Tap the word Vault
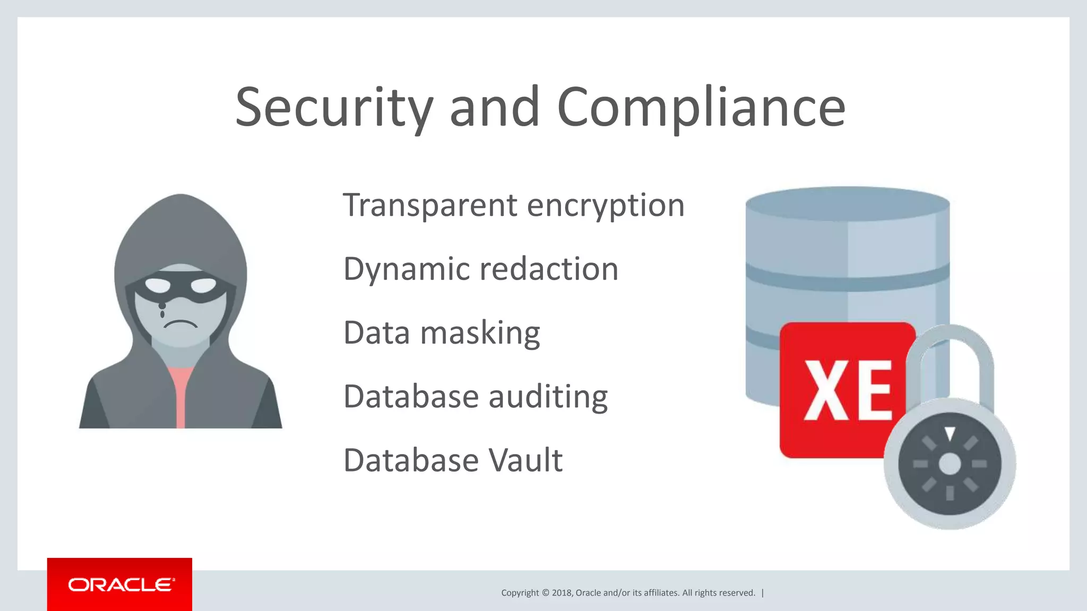click(x=525, y=460)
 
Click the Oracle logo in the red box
click(x=120, y=584)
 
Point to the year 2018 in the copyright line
click(x=562, y=593)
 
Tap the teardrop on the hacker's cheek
click(x=162, y=310)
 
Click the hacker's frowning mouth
click(x=180, y=324)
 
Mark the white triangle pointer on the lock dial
click(x=950, y=433)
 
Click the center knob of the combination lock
click(x=950, y=464)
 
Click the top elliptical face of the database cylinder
click(x=847, y=203)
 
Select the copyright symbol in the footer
click(x=545, y=593)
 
